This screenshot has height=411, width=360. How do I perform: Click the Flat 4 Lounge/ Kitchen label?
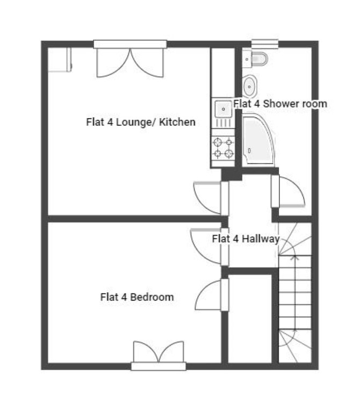141,122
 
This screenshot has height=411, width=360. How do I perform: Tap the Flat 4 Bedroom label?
137,297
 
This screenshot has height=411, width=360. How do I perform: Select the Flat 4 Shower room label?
280,104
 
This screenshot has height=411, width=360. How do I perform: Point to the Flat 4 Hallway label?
246,239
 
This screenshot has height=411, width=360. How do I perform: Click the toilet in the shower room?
255,59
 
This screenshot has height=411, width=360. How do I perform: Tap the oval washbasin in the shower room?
249,86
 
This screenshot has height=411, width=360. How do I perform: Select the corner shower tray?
258,140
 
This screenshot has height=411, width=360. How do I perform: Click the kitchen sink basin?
224,109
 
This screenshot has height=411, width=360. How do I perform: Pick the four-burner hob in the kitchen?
223,148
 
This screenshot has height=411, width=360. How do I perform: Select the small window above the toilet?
265,44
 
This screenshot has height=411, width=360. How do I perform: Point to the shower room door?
288,191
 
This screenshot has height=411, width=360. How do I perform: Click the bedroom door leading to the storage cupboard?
212,294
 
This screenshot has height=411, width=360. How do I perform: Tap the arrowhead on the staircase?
295,257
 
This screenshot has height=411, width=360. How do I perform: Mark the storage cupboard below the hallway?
250,319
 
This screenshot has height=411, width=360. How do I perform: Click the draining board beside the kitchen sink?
224,123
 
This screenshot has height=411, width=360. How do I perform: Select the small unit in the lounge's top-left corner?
60,60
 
